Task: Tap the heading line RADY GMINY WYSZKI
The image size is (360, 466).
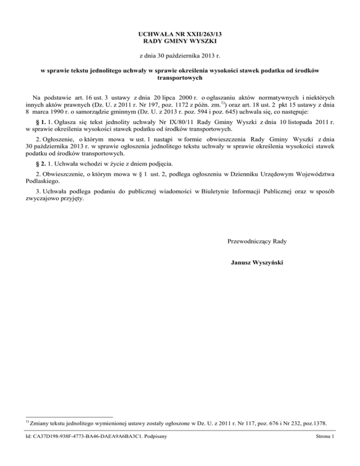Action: coord(180,41)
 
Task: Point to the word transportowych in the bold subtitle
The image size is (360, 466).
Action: coord(180,79)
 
